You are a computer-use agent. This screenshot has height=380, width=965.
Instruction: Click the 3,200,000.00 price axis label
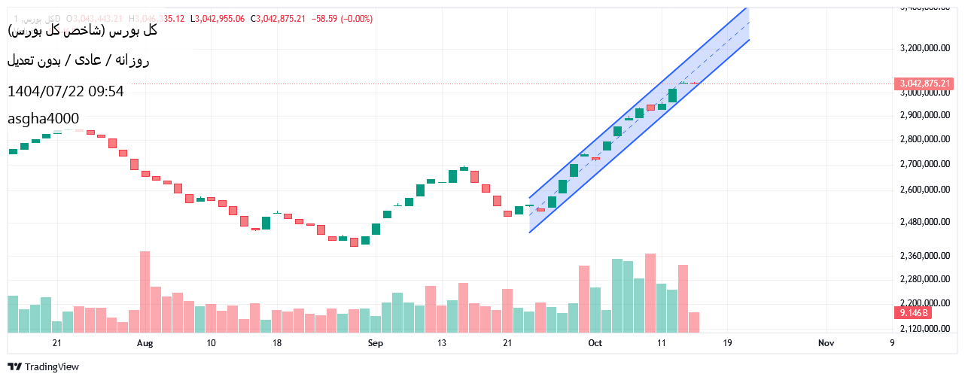pyautogui.click(x=925, y=47)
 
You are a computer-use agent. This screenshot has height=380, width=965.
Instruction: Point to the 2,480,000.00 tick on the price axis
pyautogui.click(x=925, y=222)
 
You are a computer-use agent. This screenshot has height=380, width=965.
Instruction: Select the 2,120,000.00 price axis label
pyautogui.click(x=925, y=329)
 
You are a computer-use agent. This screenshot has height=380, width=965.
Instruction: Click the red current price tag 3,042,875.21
pyautogui.click(x=924, y=84)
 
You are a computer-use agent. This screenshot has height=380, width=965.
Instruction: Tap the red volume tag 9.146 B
pyautogui.click(x=913, y=312)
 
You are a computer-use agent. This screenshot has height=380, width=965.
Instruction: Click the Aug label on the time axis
pyautogui.click(x=145, y=343)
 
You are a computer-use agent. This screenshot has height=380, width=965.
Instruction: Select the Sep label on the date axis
pyautogui.click(x=376, y=343)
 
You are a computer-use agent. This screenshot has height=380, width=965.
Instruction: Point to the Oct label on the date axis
pyautogui.click(x=595, y=343)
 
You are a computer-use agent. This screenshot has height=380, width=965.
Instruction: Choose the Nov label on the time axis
pyautogui.click(x=826, y=343)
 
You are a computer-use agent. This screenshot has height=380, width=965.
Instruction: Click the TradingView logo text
pyautogui.click(x=51, y=367)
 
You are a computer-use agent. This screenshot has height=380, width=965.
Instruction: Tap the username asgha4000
pyautogui.click(x=43, y=118)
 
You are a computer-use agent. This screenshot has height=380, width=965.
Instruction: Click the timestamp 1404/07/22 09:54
pyautogui.click(x=65, y=92)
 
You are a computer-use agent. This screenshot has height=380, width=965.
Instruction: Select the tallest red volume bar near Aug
pyautogui.click(x=145, y=292)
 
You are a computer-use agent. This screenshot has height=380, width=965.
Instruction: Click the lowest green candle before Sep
pyautogui.click(x=365, y=241)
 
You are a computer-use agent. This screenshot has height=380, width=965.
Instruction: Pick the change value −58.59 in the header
pyautogui.click(x=324, y=19)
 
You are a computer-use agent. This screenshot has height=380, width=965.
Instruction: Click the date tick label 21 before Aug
pyautogui.click(x=56, y=343)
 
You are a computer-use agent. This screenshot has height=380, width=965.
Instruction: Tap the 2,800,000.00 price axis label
pyautogui.click(x=925, y=140)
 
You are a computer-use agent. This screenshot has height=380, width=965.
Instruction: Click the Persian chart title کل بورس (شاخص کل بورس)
pyautogui.click(x=82, y=31)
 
